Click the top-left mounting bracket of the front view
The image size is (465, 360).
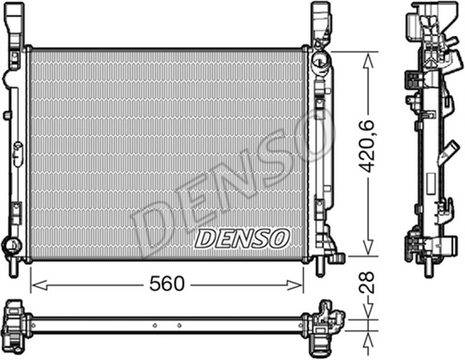click(15, 25)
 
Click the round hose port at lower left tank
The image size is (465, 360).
click(10, 245)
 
